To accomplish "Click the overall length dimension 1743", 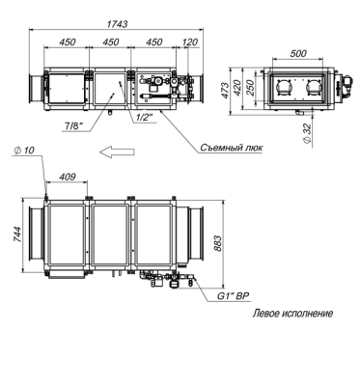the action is pos(117,24).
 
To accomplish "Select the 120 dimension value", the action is pos(190,42).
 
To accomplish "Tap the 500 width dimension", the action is pos(298,53).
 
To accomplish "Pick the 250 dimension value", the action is pos(250,88).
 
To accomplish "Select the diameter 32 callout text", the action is pos(308,133).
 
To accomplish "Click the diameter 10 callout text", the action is pos(24,151).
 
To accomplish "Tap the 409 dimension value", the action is pos(68,177).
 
